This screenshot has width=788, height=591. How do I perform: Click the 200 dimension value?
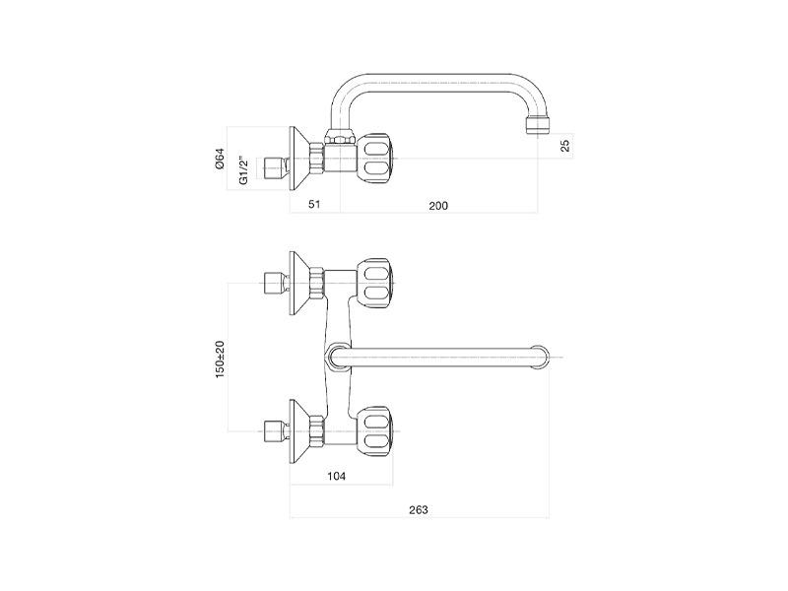tap(438, 206)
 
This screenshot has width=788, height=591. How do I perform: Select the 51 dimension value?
tap(314, 204)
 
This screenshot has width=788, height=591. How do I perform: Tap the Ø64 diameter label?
tap(220, 159)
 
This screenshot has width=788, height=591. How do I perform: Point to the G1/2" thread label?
tap(243, 170)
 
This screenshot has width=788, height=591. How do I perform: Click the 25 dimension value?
tap(565, 146)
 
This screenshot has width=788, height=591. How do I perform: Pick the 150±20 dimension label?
tap(220, 360)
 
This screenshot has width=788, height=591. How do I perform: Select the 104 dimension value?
tap(336, 476)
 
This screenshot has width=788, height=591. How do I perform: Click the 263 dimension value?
tap(418, 510)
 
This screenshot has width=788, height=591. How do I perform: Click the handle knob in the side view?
tap(375, 160)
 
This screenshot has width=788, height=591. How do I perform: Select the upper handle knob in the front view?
tap(375, 284)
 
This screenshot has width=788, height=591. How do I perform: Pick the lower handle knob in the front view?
tap(375, 431)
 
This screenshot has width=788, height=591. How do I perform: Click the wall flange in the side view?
tap(299, 159)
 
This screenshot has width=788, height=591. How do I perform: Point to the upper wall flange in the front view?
tap(299, 284)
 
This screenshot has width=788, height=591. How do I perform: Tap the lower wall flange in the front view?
tap(299, 431)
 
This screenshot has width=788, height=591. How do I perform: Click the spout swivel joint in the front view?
tap(338, 358)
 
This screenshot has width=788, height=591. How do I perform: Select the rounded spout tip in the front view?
tap(541, 358)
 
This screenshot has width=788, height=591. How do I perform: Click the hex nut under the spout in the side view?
tap(341, 137)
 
